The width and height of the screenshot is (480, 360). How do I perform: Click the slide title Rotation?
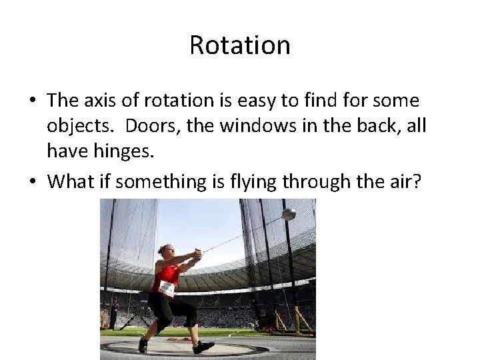coord(240,45)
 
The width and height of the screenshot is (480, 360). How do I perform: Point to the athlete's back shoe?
coord(143,345)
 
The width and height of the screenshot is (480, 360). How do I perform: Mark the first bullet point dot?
coord(33,102)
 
